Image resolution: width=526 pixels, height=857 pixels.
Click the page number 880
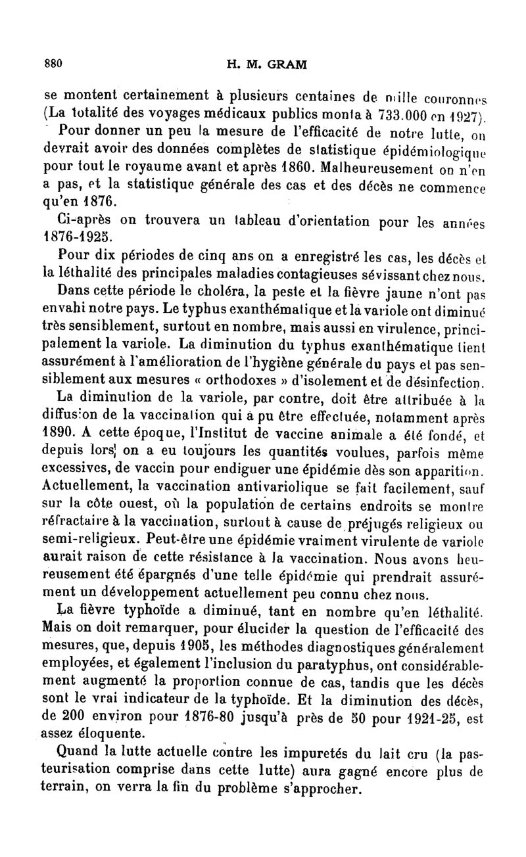tap(53, 64)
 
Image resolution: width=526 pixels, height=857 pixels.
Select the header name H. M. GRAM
tap(266, 64)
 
